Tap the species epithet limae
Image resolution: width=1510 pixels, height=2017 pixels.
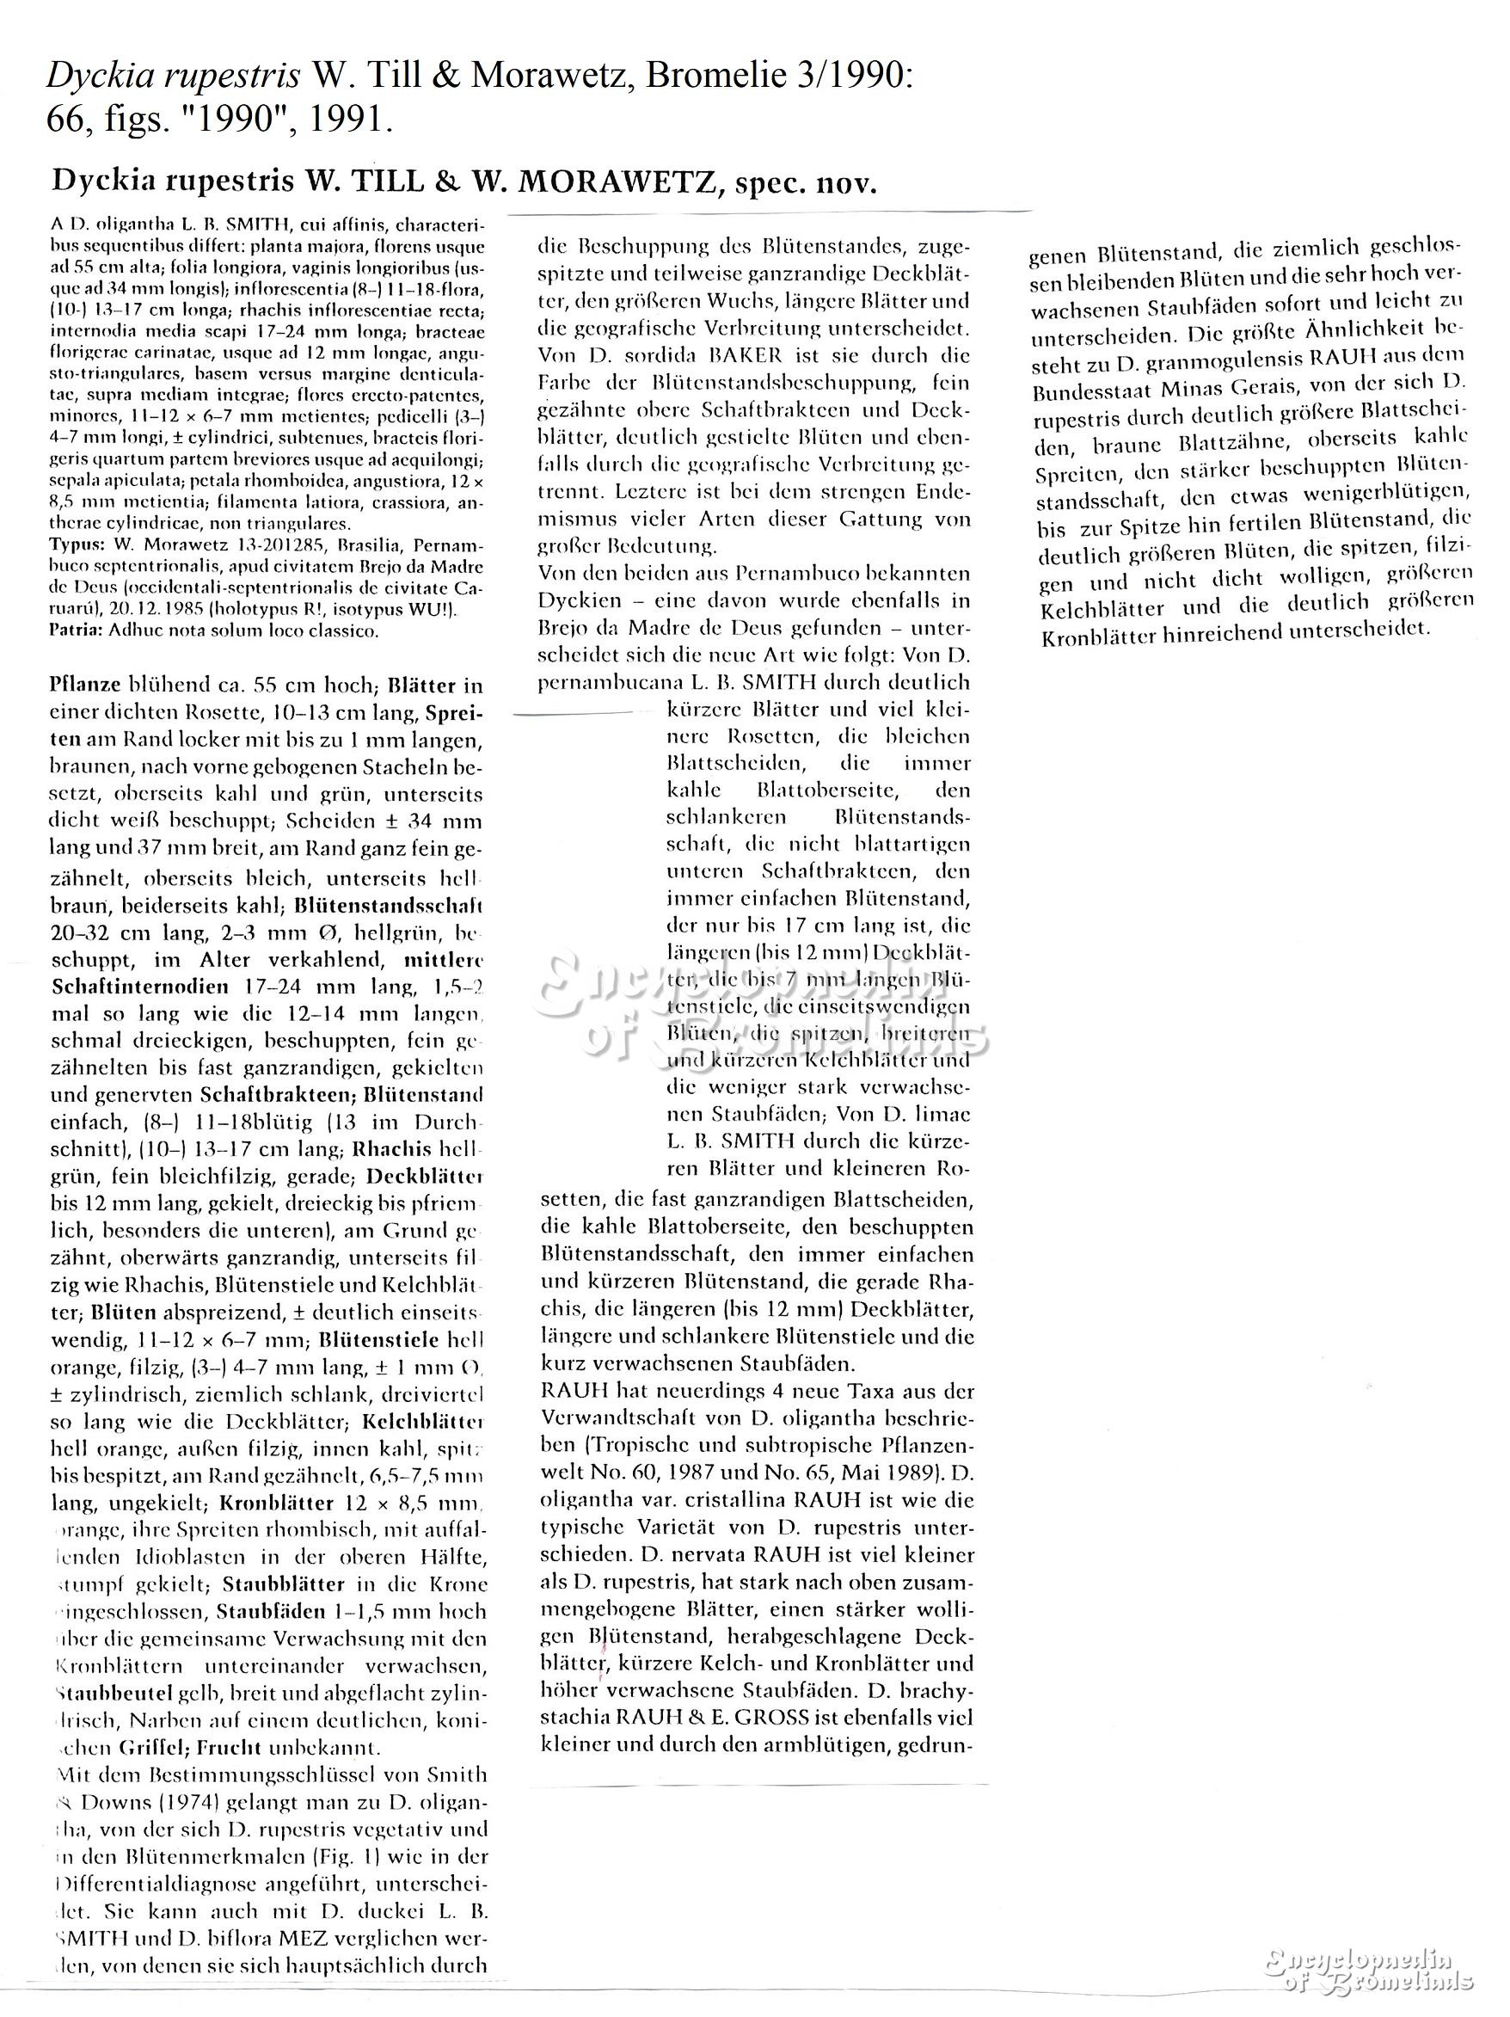pyautogui.click(x=941, y=1114)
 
